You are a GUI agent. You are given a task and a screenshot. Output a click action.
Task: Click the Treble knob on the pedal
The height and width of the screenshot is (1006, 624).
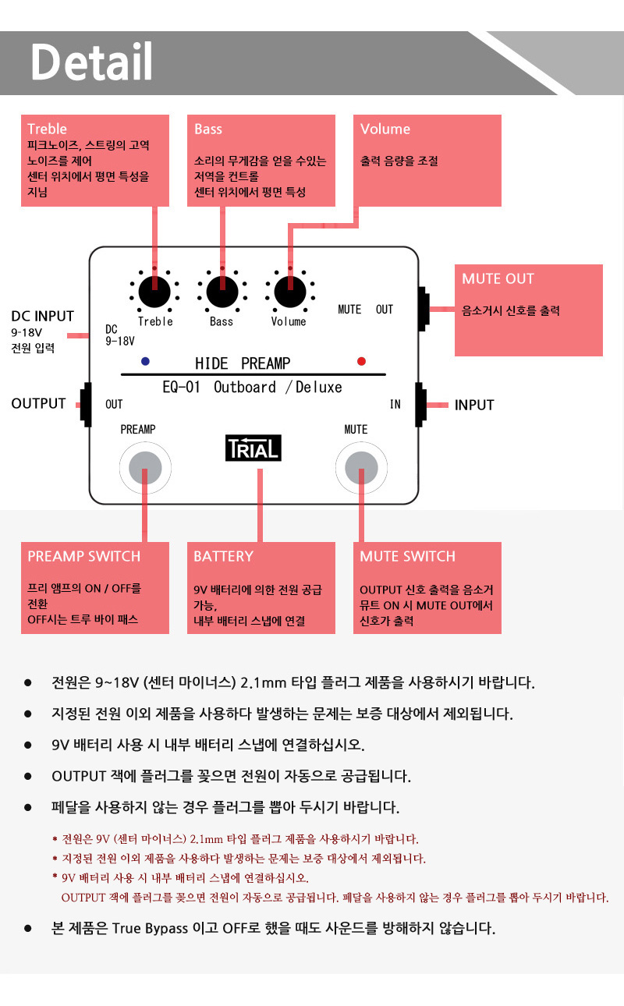pyautogui.click(x=154, y=292)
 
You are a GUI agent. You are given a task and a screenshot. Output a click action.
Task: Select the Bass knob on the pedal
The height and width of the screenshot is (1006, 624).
pyautogui.click(x=222, y=292)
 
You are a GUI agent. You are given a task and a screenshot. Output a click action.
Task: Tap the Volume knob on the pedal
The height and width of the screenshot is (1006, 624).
pyautogui.click(x=290, y=292)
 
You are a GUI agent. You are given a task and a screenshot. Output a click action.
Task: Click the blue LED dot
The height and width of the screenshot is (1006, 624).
pyautogui.click(x=145, y=361)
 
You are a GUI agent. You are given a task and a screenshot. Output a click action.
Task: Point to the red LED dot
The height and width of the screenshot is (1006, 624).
pyautogui.click(x=361, y=361)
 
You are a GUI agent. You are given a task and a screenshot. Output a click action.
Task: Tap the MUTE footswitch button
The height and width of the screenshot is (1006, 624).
pyautogui.click(x=361, y=468)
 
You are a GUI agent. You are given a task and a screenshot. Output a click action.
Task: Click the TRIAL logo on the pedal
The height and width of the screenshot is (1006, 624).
pyautogui.click(x=253, y=448)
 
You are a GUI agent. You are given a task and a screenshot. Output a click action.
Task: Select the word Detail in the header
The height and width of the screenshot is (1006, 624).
pyautogui.click(x=91, y=62)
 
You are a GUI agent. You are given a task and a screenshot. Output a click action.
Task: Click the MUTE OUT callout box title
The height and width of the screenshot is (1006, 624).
pyautogui.click(x=498, y=278)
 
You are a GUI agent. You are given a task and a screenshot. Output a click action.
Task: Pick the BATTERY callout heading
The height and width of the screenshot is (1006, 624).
pyautogui.click(x=223, y=556)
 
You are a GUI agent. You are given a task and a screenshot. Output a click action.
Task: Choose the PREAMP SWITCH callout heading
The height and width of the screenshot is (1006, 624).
pyautogui.click(x=84, y=556)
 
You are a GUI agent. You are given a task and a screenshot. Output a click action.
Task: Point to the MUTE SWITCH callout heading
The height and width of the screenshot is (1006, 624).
pyautogui.click(x=407, y=556)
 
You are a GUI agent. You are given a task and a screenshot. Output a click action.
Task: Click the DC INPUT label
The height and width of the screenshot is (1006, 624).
pyautogui.click(x=43, y=316)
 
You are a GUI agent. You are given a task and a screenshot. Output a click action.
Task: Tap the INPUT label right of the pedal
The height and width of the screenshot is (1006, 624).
pyautogui.click(x=474, y=405)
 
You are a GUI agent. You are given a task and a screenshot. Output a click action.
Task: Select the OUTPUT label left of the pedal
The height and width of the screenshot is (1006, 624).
pyautogui.click(x=39, y=403)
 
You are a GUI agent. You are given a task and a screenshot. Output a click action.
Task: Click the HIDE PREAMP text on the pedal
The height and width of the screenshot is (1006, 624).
pyautogui.click(x=243, y=363)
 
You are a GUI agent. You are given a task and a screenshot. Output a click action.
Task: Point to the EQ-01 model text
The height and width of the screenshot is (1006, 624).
pyautogui.click(x=181, y=387)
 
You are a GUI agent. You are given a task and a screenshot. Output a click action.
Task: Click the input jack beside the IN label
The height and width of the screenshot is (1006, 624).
pyautogui.click(x=420, y=405)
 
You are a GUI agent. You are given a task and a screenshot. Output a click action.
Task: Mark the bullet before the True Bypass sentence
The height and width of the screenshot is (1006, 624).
pyautogui.click(x=28, y=928)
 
